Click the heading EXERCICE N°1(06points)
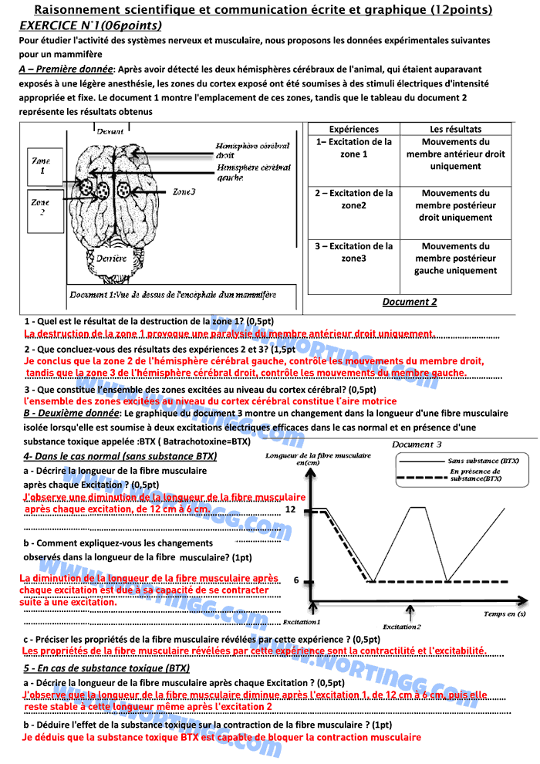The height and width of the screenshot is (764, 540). (x=90, y=25)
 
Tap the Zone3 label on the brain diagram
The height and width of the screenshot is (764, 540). (x=184, y=191)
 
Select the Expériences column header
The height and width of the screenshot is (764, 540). (x=354, y=130)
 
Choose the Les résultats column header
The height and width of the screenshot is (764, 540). (x=455, y=130)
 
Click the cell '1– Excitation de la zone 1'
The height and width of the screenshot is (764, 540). (x=354, y=148)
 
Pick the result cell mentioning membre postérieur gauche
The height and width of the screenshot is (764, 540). (x=455, y=259)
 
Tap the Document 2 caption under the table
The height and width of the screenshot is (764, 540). (x=409, y=302)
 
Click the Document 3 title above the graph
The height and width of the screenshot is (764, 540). (x=417, y=445)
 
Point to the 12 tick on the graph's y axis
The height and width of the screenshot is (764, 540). (x=290, y=510)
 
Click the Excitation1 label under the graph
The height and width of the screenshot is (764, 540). (x=301, y=621)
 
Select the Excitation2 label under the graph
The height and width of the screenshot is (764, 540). (x=402, y=627)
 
